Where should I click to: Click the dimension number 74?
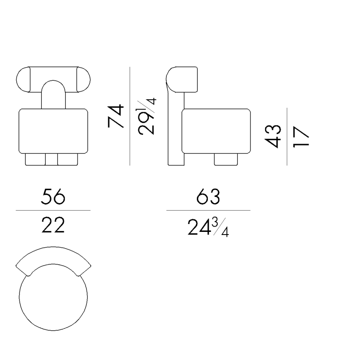(116, 116)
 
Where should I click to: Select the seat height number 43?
(273, 137)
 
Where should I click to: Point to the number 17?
(301, 137)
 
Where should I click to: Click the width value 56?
(53, 196)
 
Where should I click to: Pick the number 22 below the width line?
(53, 225)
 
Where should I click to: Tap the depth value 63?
(208, 196)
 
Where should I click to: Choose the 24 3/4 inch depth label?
(208, 227)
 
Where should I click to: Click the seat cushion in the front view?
(53, 131)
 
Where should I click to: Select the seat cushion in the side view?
(216, 131)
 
